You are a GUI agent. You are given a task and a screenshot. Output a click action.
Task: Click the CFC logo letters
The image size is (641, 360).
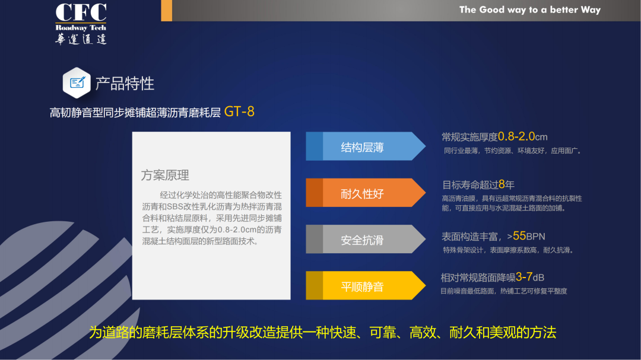81,12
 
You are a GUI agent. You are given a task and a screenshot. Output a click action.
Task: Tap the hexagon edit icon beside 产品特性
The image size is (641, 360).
77,83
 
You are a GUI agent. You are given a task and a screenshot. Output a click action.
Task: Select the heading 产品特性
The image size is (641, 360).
125,84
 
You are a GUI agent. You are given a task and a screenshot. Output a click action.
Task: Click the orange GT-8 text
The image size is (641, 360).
239,111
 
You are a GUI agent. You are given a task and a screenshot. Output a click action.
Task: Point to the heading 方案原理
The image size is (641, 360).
165,176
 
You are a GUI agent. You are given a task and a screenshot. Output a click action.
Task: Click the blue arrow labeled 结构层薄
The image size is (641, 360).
366,146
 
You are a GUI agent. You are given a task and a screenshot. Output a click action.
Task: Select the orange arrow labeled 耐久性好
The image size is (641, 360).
366,193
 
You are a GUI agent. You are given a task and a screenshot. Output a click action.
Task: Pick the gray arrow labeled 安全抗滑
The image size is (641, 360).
366,239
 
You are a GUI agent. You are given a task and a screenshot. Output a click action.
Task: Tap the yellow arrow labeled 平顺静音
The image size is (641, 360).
366,285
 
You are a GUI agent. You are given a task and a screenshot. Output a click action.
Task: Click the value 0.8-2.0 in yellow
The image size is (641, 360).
516,136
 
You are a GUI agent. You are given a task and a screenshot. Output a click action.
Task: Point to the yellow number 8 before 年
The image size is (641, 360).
502,184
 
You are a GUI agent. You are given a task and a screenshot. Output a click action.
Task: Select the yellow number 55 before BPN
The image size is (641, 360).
519,236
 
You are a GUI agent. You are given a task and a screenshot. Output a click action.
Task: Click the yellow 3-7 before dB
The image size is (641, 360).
524,277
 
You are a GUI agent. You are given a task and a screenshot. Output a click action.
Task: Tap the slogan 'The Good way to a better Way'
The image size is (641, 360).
530,10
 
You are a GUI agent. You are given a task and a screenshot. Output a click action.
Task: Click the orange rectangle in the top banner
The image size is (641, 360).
166,11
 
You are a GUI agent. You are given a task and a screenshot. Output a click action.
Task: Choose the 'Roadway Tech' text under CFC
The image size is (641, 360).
81,28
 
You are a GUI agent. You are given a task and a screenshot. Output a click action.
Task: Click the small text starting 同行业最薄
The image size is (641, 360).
513,151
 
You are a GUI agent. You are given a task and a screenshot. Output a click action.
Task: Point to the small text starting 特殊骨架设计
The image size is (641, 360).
508,250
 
